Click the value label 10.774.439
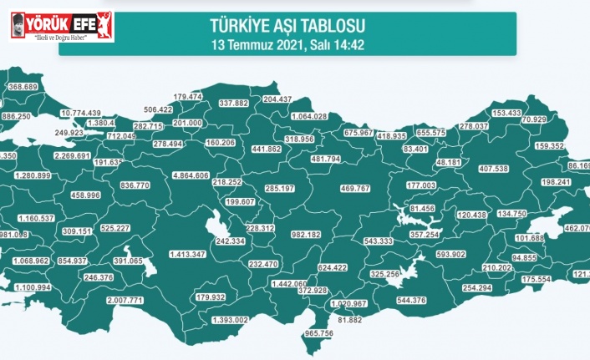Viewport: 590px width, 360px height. pos(81,113)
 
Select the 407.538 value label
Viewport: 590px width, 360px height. pos(491,169)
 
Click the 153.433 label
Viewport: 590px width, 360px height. pos(506,113)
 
